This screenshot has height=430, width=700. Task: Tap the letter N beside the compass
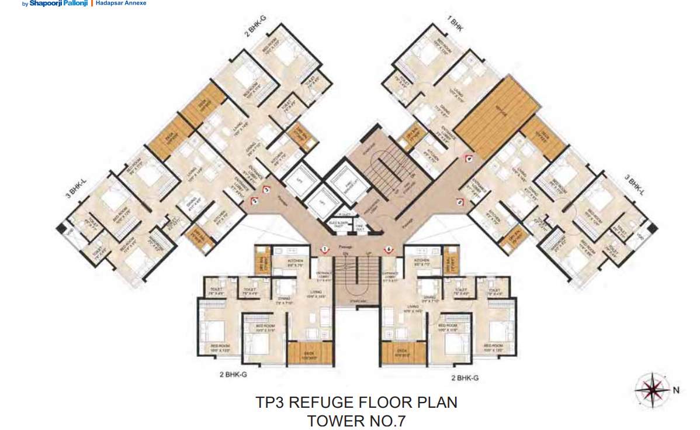click(x=675, y=390)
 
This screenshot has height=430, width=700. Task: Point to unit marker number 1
click(x=324, y=250)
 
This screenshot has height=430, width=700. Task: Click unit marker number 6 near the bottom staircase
click(x=389, y=250)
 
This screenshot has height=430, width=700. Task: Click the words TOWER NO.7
click(x=356, y=420)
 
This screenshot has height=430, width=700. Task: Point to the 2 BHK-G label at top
click(x=255, y=27)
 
